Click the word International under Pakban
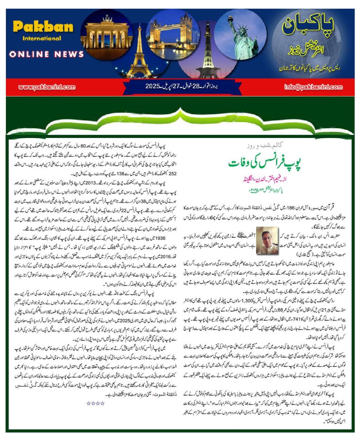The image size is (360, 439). (42, 38)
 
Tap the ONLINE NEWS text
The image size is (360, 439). (47, 54)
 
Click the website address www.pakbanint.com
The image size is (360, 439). (46, 87)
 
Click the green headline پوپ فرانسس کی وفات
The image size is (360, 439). (265, 163)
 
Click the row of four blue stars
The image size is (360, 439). (95, 403)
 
